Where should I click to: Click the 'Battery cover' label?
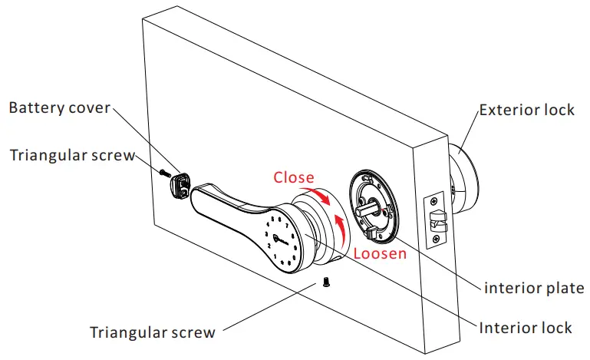59,107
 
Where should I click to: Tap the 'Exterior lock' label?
526,110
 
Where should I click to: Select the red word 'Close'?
295,177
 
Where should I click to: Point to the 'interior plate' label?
533,289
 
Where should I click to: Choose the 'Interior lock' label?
525,328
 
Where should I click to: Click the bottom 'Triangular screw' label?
152,332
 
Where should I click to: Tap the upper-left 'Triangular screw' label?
72,155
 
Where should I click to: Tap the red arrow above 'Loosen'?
338,227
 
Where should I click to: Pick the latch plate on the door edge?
436,218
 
